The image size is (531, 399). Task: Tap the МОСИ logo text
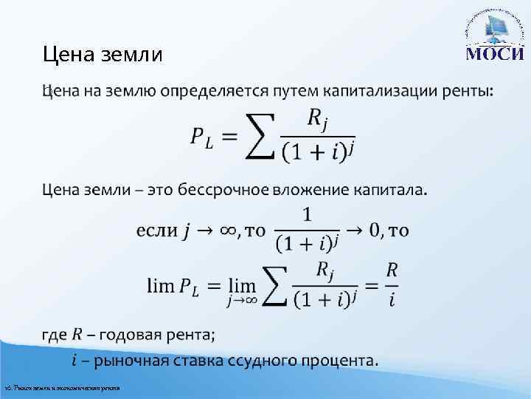click(x=494, y=54)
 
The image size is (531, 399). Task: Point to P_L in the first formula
click(x=201, y=138)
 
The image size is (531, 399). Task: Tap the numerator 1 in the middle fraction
click(x=306, y=215)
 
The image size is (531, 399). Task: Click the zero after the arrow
click(x=375, y=231)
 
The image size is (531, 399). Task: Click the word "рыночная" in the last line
click(x=128, y=361)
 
